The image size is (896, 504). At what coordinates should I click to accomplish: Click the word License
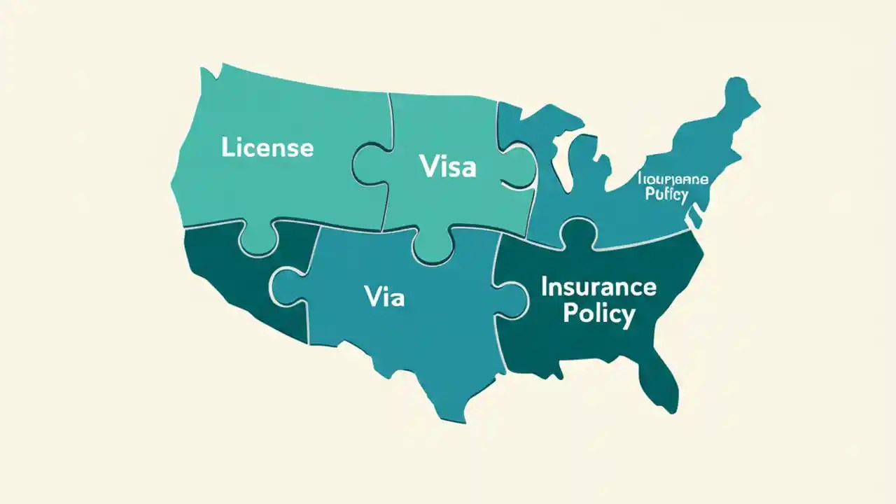click(267, 148)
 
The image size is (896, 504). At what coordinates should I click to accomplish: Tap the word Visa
click(447, 167)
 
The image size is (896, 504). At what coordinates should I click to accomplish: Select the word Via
click(384, 297)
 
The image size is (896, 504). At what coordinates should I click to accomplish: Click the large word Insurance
click(598, 286)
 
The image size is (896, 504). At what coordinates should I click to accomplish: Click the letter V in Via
click(372, 297)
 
